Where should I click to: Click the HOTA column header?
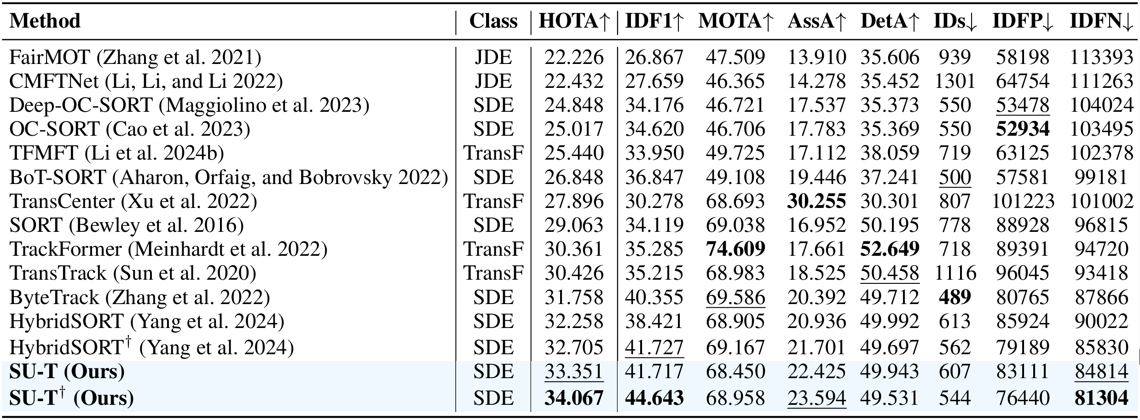574,21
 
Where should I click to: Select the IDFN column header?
1101,21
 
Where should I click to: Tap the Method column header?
45,21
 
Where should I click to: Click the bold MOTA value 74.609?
735,249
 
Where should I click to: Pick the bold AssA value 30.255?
816,201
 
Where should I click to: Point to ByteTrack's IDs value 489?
955,297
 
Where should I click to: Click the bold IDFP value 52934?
1023,129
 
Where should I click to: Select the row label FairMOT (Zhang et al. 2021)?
135,58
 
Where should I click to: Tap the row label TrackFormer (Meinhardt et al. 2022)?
168,249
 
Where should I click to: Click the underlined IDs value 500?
955,177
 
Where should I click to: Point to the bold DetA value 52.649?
890,249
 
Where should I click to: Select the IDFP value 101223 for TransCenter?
1023,201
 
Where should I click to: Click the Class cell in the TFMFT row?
493,153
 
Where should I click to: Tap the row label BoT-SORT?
229,178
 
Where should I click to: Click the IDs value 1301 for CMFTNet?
955,81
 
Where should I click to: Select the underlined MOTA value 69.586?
735,297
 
